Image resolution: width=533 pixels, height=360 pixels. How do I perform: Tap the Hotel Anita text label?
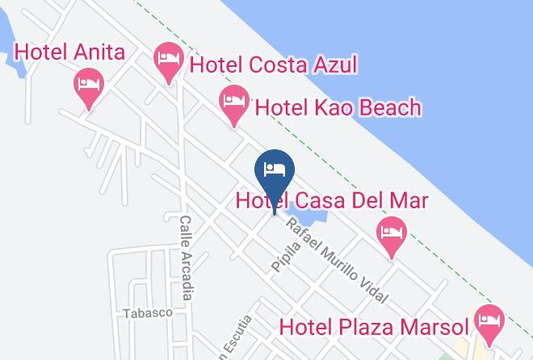click(70, 53)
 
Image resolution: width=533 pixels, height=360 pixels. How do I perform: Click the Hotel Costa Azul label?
click(273, 65)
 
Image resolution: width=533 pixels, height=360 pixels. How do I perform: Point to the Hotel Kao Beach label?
click(338, 107)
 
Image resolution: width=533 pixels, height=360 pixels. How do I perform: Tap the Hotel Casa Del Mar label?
click(331, 200)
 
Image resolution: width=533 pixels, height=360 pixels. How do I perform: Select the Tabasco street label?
click(148, 312)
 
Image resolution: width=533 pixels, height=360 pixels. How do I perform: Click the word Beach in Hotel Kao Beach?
click(390, 107)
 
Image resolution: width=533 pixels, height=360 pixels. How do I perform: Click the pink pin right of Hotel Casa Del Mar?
click(391, 236)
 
